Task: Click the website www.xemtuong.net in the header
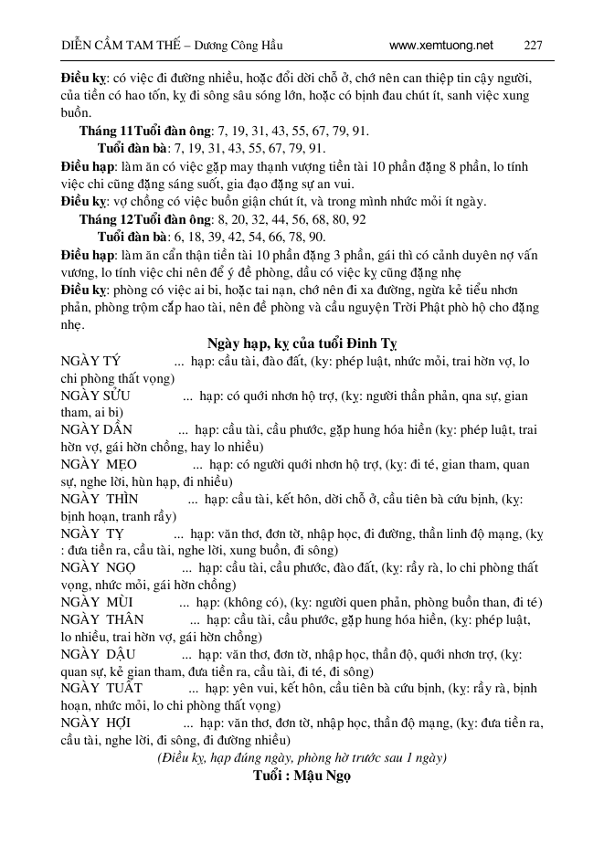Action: (x=440, y=45)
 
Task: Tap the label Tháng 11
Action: (x=106, y=132)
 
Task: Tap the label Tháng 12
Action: (x=106, y=220)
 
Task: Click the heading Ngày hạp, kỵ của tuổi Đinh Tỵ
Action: (x=302, y=343)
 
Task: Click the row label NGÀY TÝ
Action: (x=90, y=361)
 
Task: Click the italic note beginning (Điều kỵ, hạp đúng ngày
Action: (x=302, y=757)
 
